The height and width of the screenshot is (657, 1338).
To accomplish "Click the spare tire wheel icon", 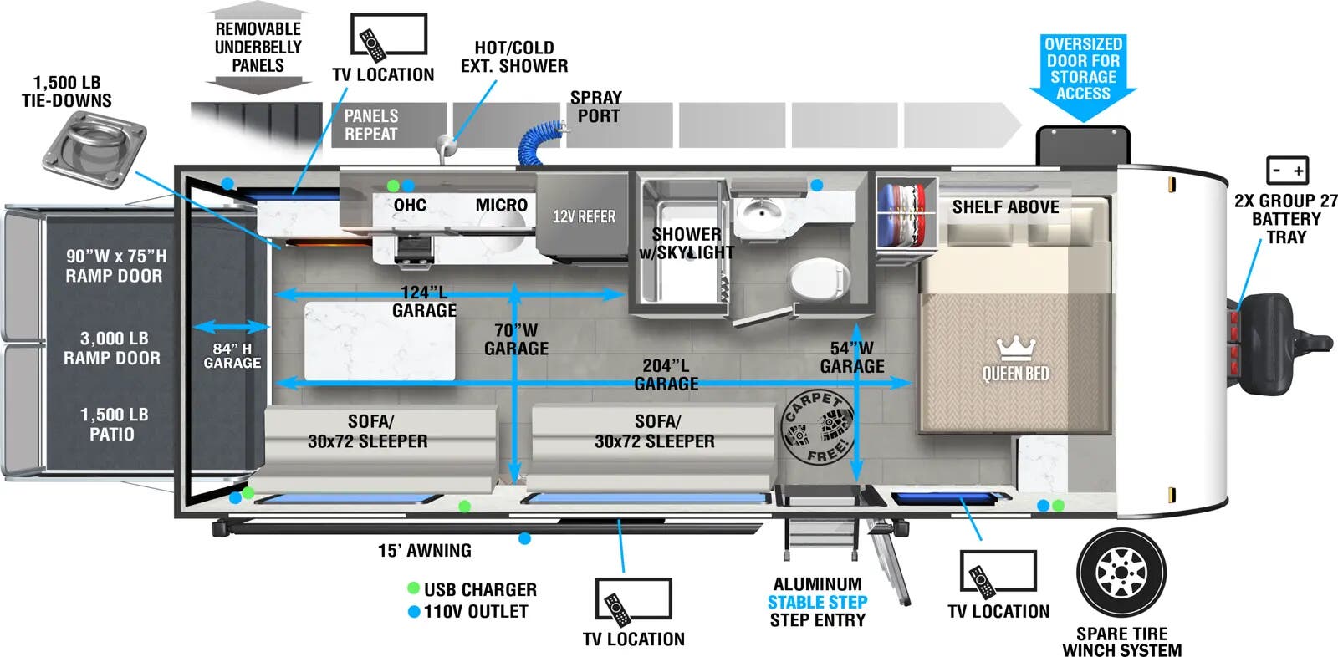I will click(x=1121, y=574).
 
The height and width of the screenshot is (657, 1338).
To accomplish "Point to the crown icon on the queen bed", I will click(x=1016, y=348).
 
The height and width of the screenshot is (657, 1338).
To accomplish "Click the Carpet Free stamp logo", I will click(x=819, y=427).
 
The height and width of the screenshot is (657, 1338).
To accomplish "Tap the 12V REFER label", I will click(x=584, y=217).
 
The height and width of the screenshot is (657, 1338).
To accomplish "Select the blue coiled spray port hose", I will click(x=541, y=142).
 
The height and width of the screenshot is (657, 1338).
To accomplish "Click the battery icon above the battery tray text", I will click(x=1287, y=171).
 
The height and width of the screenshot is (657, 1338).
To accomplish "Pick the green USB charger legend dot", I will click(x=413, y=588).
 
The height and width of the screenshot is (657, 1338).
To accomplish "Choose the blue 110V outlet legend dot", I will click(x=413, y=611).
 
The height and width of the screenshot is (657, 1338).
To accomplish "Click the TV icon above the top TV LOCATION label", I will click(x=388, y=36).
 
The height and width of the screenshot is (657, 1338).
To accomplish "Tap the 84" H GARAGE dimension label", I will click(x=232, y=355).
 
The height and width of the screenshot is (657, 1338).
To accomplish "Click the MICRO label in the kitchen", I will click(x=501, y=206).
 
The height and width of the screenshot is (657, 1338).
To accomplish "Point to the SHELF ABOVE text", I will click(x=1005, y=207).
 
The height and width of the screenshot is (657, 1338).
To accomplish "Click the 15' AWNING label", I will click(x=424, y=551).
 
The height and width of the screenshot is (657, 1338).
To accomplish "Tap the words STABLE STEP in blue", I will click(x=817, y=602).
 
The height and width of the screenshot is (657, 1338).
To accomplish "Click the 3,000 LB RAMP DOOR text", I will click(x=113, y=349).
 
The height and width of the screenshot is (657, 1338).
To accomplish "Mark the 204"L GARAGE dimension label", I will click(x=666, y=374).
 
